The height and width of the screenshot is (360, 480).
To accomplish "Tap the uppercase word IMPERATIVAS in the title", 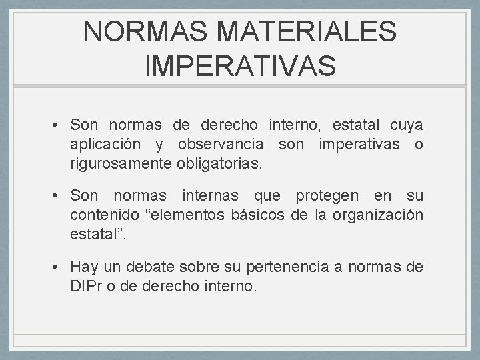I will pyautogui.click(x=240, y=66).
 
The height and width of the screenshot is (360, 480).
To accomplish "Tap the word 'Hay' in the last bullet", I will pyautogui.click(x=84, y=268).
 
